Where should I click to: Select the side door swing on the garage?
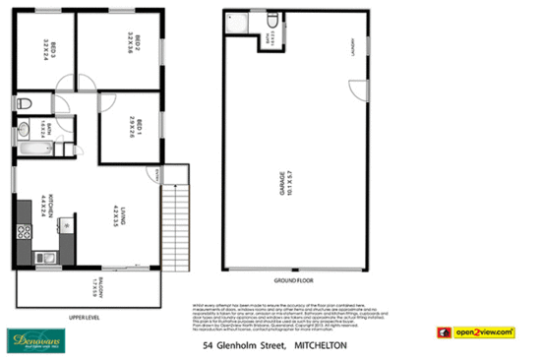(352, 90)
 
